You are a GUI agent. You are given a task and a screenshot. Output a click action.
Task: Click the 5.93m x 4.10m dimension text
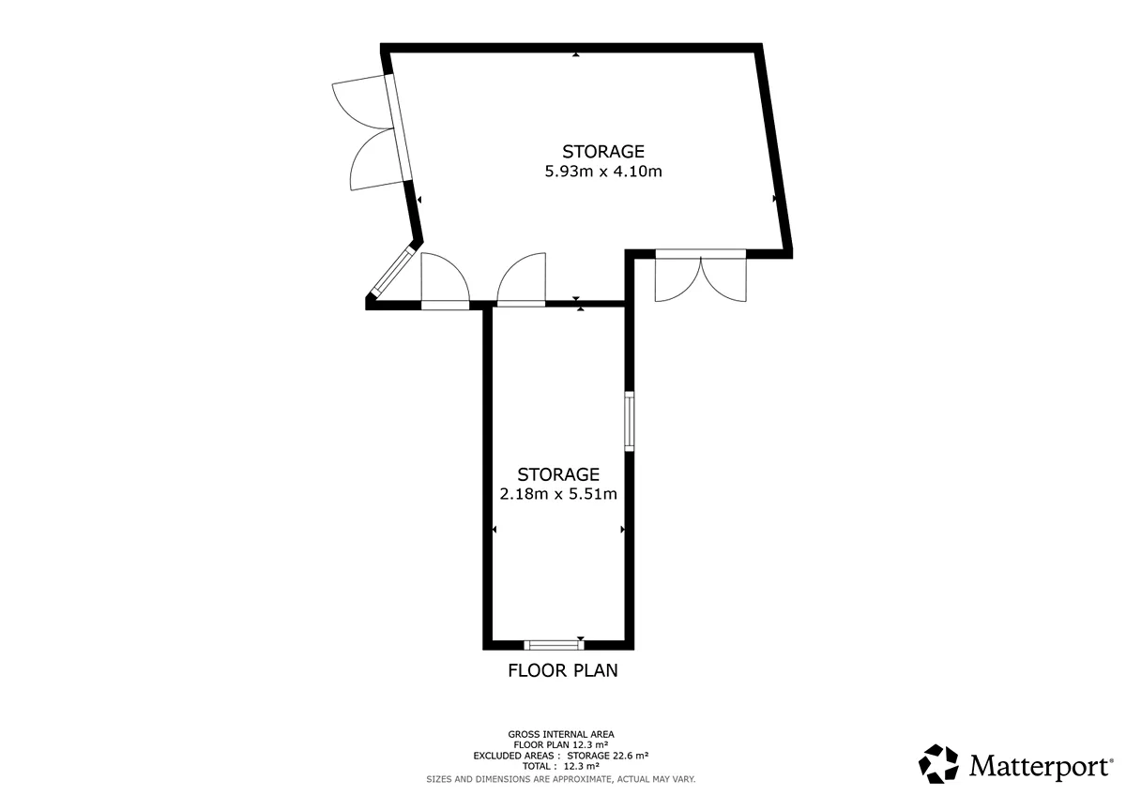pyautogui.click(x=603, y=172)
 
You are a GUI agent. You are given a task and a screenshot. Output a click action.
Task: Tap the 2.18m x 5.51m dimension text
pyautogui.click(x=558, y=494)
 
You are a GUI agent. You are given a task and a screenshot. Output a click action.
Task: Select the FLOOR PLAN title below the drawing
pyautogui.click(x=562, y=670)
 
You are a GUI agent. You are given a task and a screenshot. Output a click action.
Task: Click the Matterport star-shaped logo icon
pyautogui.click(x=938, y=764)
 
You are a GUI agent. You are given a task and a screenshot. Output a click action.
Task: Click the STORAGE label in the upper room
pyautogui.click(x=603, y=152)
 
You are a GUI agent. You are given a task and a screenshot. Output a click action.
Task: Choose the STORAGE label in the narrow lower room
pyautogui.click(x=558, y=474)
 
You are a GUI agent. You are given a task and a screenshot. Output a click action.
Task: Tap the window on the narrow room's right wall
pyautogui.click(x=629, y=421)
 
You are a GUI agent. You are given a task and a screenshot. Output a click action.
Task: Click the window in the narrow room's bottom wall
pyautogui.click(x=554, y=645)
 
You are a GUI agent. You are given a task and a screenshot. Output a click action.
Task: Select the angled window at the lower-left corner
pyautogui.click(x=393, y=271)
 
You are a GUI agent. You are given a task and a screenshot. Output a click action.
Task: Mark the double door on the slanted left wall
pyautogui.click(x=372, y=132)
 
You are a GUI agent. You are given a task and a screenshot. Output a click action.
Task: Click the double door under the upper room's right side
pyautogui.click(x=701, y=276)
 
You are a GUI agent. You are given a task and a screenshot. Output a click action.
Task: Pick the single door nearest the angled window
pyautogui.click(x=446, y=281)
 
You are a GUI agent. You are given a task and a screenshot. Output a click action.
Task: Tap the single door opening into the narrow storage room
pyautogui.click(x=522, y=279)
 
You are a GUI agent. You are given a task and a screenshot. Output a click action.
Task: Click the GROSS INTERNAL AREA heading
pyautogui.click(x=561, y=734)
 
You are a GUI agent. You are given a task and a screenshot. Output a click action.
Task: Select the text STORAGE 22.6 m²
pyautogui.click(x=608, y=756)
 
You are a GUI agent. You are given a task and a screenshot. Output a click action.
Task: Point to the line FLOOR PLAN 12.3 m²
pyautogui.click(x=561, y=744)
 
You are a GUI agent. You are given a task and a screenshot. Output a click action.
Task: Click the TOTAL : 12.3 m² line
pyautogui.click(x=561, y=766)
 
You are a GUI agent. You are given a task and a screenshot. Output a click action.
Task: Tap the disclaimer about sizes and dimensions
pyautogui.click(x=561, y=779)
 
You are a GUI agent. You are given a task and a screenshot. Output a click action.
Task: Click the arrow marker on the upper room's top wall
pyautogui.click(x=576, y=54)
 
